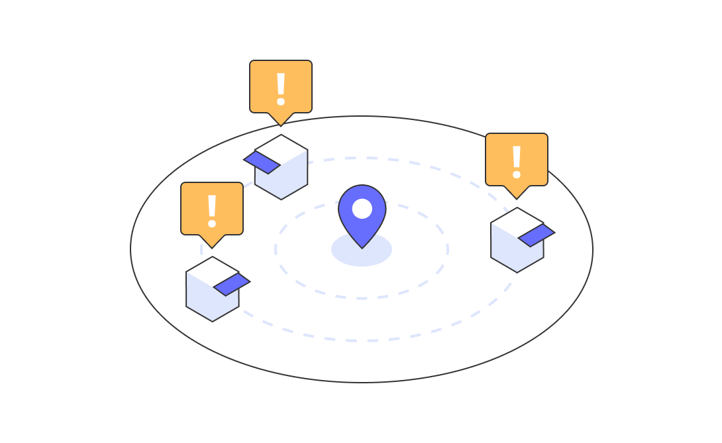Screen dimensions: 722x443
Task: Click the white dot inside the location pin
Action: click(362, 208)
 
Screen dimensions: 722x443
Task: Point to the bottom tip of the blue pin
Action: click(362, 247)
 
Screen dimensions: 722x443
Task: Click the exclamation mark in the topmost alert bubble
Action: click(281, 88)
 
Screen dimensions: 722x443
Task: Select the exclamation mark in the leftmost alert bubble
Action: click(212, 210)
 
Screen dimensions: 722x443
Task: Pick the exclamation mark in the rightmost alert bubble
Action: click(517, 161)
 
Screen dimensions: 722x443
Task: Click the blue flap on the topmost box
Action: click(262, 162)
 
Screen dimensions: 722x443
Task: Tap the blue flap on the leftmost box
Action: click(232, 284)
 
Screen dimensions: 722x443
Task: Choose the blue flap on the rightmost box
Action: click(537, 235)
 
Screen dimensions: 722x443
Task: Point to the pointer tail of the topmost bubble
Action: click(281, 119)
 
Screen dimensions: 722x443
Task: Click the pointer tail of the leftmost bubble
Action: click(212, 241)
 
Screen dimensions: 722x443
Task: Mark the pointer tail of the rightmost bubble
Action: click(517, 192)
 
